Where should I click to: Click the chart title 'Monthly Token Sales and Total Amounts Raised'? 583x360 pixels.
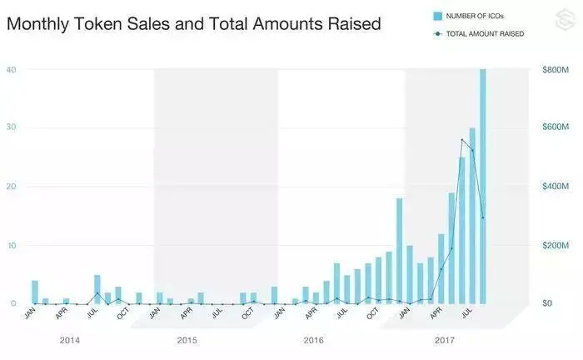pos(193,24)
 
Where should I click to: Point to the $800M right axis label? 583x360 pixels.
pos(555,69)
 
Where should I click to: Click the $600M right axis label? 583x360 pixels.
pos(555,127)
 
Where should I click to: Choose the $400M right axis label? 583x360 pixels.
pos(555,186)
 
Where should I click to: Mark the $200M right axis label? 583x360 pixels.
pos(555,245)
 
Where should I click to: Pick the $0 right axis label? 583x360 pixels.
pos(546,303)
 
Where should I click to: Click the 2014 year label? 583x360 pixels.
pos(71,341)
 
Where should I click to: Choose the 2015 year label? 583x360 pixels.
pos(187,341)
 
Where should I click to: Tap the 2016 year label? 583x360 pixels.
pos(313,341)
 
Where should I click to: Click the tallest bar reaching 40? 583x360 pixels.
pos(483,187)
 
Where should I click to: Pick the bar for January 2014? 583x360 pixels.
pos(35,292)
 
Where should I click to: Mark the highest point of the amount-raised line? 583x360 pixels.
pos(462,139)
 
